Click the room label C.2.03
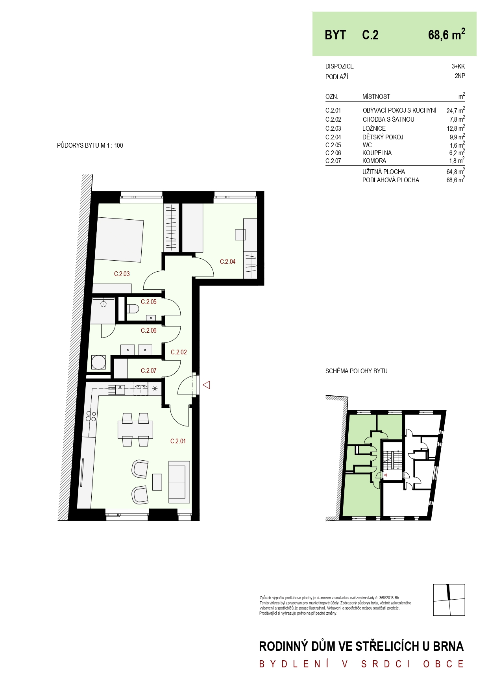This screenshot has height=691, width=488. pyautogui.click(x=122, y=274)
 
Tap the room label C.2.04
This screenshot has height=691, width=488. pyautogui.click(x=227, y=261)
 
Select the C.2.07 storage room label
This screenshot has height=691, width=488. pyautogui.click(x=148, y=371)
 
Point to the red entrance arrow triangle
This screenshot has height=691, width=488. pyautogui.click(x=206, y=385)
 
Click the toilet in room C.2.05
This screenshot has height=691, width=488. pyautogui.click(x=133, y=308)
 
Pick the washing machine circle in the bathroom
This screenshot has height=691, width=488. pyautogui.click(x=98, y=362)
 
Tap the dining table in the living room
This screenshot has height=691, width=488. pyautogui.click(x=135, y=430)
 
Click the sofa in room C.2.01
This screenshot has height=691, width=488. pyautogui.click(x=179, y=482)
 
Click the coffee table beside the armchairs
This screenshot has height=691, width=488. pyautogui.click(x=157, y=482)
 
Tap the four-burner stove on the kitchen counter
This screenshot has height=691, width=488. pyautogui.click(x=91, y=416)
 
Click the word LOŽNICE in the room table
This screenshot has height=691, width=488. pyautogui.click(x=374, y=128)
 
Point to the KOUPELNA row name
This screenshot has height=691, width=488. pyautogui.click(x=377, y=153)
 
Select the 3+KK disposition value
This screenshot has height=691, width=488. pyautogui.click(x=458, y=66)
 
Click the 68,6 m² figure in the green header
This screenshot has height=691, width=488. pyautogui.click(x=447, y=35)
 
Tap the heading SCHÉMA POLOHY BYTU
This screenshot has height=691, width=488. pyautogui.click(x=356, y=371)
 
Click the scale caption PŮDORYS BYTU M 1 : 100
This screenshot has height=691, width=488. pyautogui.click(x=90, y=145)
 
